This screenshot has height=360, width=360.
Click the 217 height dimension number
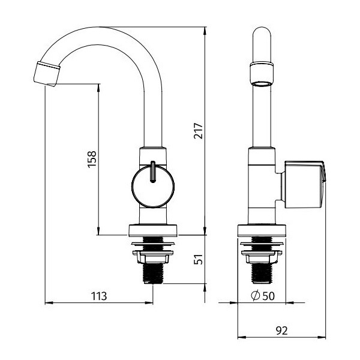tap(199, 131)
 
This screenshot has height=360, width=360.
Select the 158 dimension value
tap(92, 160)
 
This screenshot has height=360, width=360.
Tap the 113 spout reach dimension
tap(99, 296)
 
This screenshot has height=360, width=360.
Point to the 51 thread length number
tap(199, 259)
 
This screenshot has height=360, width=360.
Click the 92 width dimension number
tap(282, 331)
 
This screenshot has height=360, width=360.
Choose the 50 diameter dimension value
tap(269, 296)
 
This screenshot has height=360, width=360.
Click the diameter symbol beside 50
tap(256, 296)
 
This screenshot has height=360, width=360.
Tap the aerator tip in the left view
tap(47, 74)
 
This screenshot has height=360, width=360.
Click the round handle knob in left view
tap(153, 186)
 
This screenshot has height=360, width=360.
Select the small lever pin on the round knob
tap(153, 172)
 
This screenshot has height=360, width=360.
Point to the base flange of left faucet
tap(153, 230)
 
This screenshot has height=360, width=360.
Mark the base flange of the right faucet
tap(262, 230)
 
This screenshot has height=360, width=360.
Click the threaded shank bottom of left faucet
tap(153, 274)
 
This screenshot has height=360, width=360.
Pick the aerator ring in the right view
tap(262, 74)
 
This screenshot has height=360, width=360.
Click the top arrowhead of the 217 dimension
tap(205, 31)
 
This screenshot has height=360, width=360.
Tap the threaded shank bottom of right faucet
tap(262, 273)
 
